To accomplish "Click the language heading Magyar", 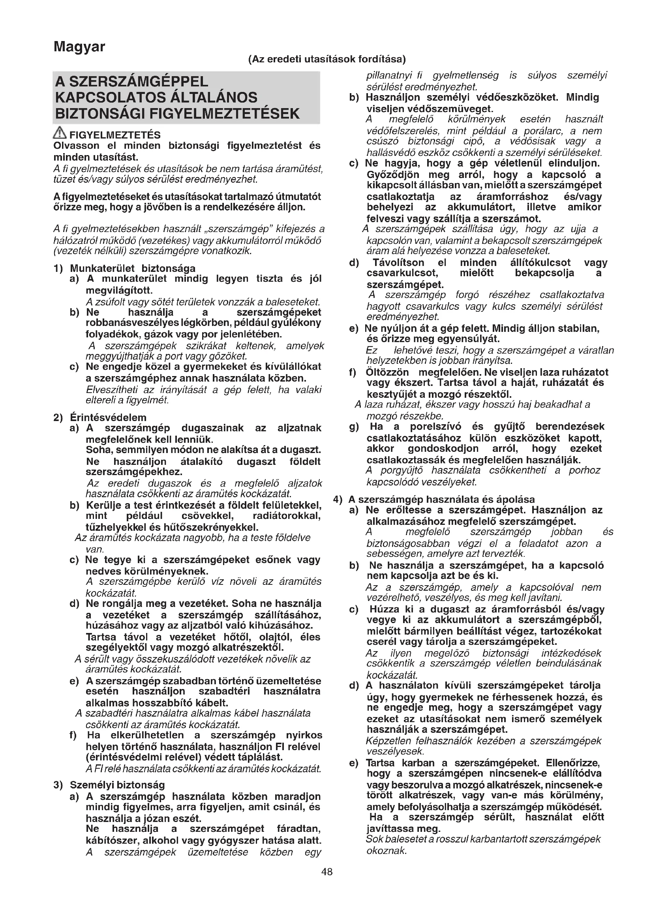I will (79, 47).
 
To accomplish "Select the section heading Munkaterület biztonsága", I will (133, 268).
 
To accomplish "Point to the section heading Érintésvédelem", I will (108, 417).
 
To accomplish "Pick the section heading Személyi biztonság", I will (117, 785).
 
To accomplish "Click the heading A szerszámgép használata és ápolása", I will (441, 499).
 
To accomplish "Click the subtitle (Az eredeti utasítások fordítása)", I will (327, 60).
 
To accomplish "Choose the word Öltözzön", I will (387, 372).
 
